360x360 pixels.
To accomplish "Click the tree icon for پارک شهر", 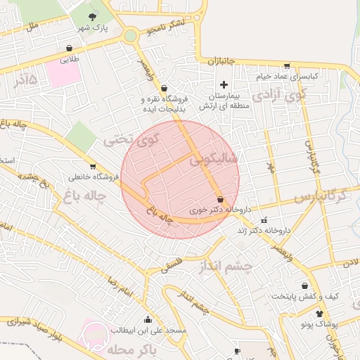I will coord(92,16).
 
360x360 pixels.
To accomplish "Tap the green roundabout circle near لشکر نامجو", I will coord(130,35).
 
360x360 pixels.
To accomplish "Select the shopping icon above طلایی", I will coord(69,48).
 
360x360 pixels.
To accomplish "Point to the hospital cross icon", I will coord(224,84).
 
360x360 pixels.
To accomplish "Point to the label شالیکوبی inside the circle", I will coord(213,160).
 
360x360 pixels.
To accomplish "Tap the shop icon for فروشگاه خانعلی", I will coord(92,167).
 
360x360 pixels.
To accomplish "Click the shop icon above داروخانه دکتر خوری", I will coord(221,199).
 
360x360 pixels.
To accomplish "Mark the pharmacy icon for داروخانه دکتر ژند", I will coord(264,219).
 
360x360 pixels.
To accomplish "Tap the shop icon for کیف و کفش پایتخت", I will coord(304,285).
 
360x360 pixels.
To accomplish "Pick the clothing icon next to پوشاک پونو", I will coord(319,314).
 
